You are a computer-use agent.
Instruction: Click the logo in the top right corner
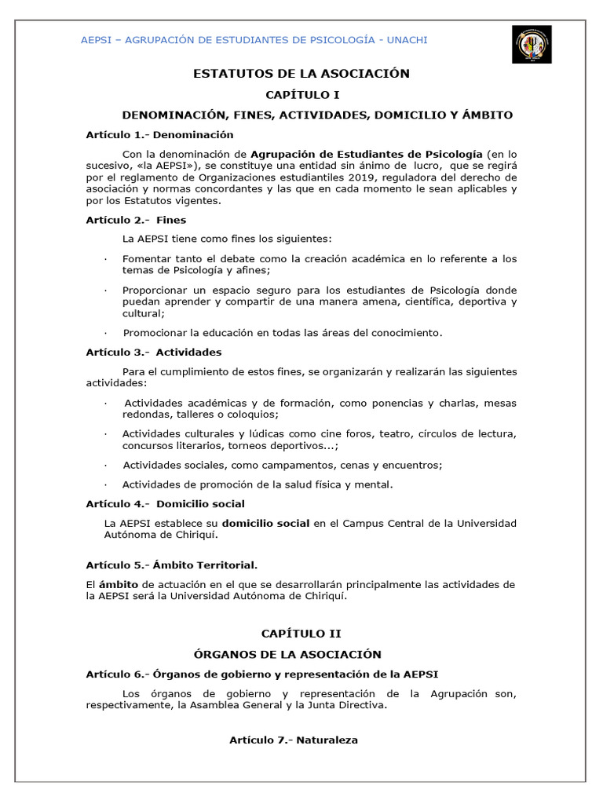pos(532,44)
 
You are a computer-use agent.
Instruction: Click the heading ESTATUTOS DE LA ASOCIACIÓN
pos(301,74)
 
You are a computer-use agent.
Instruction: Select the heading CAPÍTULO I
pos(301,94)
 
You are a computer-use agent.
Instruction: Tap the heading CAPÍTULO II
pos(301,634)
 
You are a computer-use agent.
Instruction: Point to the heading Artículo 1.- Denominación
pos(160,135)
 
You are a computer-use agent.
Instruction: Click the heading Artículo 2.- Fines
pos(136,220)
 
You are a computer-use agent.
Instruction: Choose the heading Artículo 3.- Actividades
pos(154,352)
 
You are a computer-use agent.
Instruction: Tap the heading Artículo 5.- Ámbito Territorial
pos(172,565)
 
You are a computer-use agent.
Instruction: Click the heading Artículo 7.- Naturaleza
pos(294,740)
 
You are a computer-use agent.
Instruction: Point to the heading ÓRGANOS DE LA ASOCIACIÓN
pos(287,654)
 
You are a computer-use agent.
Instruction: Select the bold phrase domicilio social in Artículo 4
pos(266,523)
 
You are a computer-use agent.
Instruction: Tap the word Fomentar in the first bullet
pos(147,258)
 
